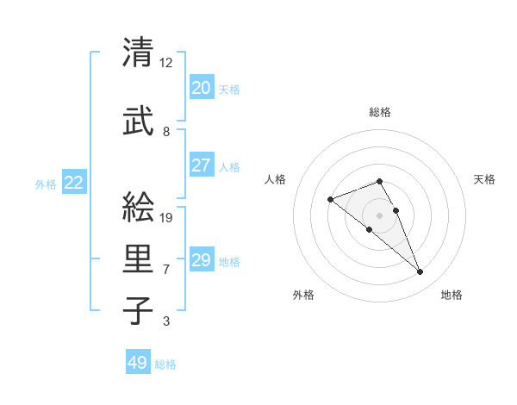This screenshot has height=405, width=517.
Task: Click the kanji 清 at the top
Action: pyautogui.click(x=139, y=53)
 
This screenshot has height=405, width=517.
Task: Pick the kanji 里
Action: pyautogui.click(x=139, y=259)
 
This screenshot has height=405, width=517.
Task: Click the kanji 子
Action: pyautogui.click(x=139, y=310)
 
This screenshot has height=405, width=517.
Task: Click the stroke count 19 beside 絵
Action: pyautogui.click(x=167, y=217)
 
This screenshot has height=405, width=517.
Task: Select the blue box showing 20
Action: pyautogui.click(x=201, y=88)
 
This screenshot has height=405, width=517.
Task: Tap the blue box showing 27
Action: pyautogui.click(x=201, y=165)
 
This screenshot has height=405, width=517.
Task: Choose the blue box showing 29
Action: pyautogui.click(x=201, y=260)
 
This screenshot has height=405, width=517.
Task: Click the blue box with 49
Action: pyautogui.click(x=137, y=363)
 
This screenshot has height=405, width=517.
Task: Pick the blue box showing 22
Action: pyautogui.click(x=73, y=183)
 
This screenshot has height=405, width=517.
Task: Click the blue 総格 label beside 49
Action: pyautogui.click(x=165, y=364)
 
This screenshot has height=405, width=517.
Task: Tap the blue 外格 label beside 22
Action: pyautogui.click(x=46, y=184)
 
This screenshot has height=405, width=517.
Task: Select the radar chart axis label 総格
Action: pyautogui.click(x=380, y=112)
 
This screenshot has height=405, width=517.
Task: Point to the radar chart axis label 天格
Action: pyautogui.click(x=484, y=179)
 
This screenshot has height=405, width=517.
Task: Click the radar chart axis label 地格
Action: pyautogui.click(x=452, y=295)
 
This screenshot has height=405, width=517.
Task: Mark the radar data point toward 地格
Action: pyautogui.click(x=420, y=272)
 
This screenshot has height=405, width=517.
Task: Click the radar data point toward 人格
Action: pyautogui.click(x=330, y=200)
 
